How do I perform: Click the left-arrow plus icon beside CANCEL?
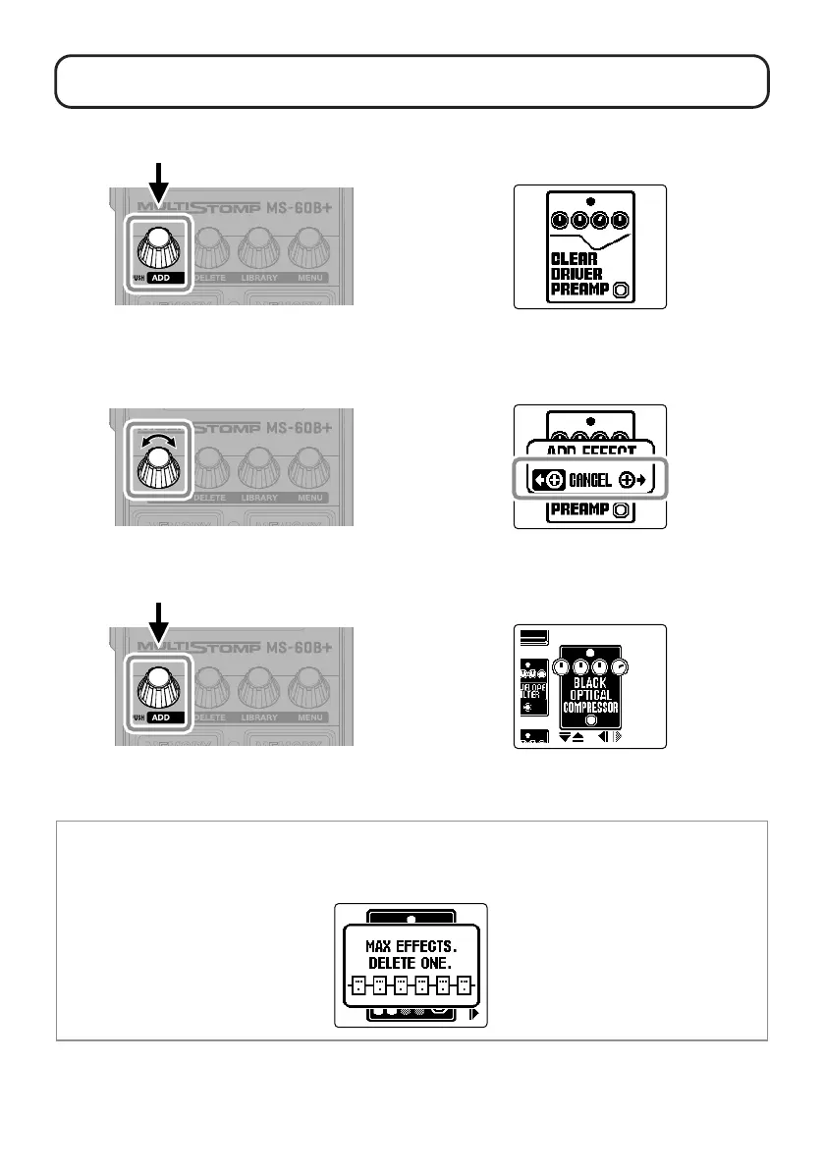[544, 481]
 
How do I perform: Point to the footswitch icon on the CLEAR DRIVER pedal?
[621, 291]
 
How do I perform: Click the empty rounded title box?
[411, 81]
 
